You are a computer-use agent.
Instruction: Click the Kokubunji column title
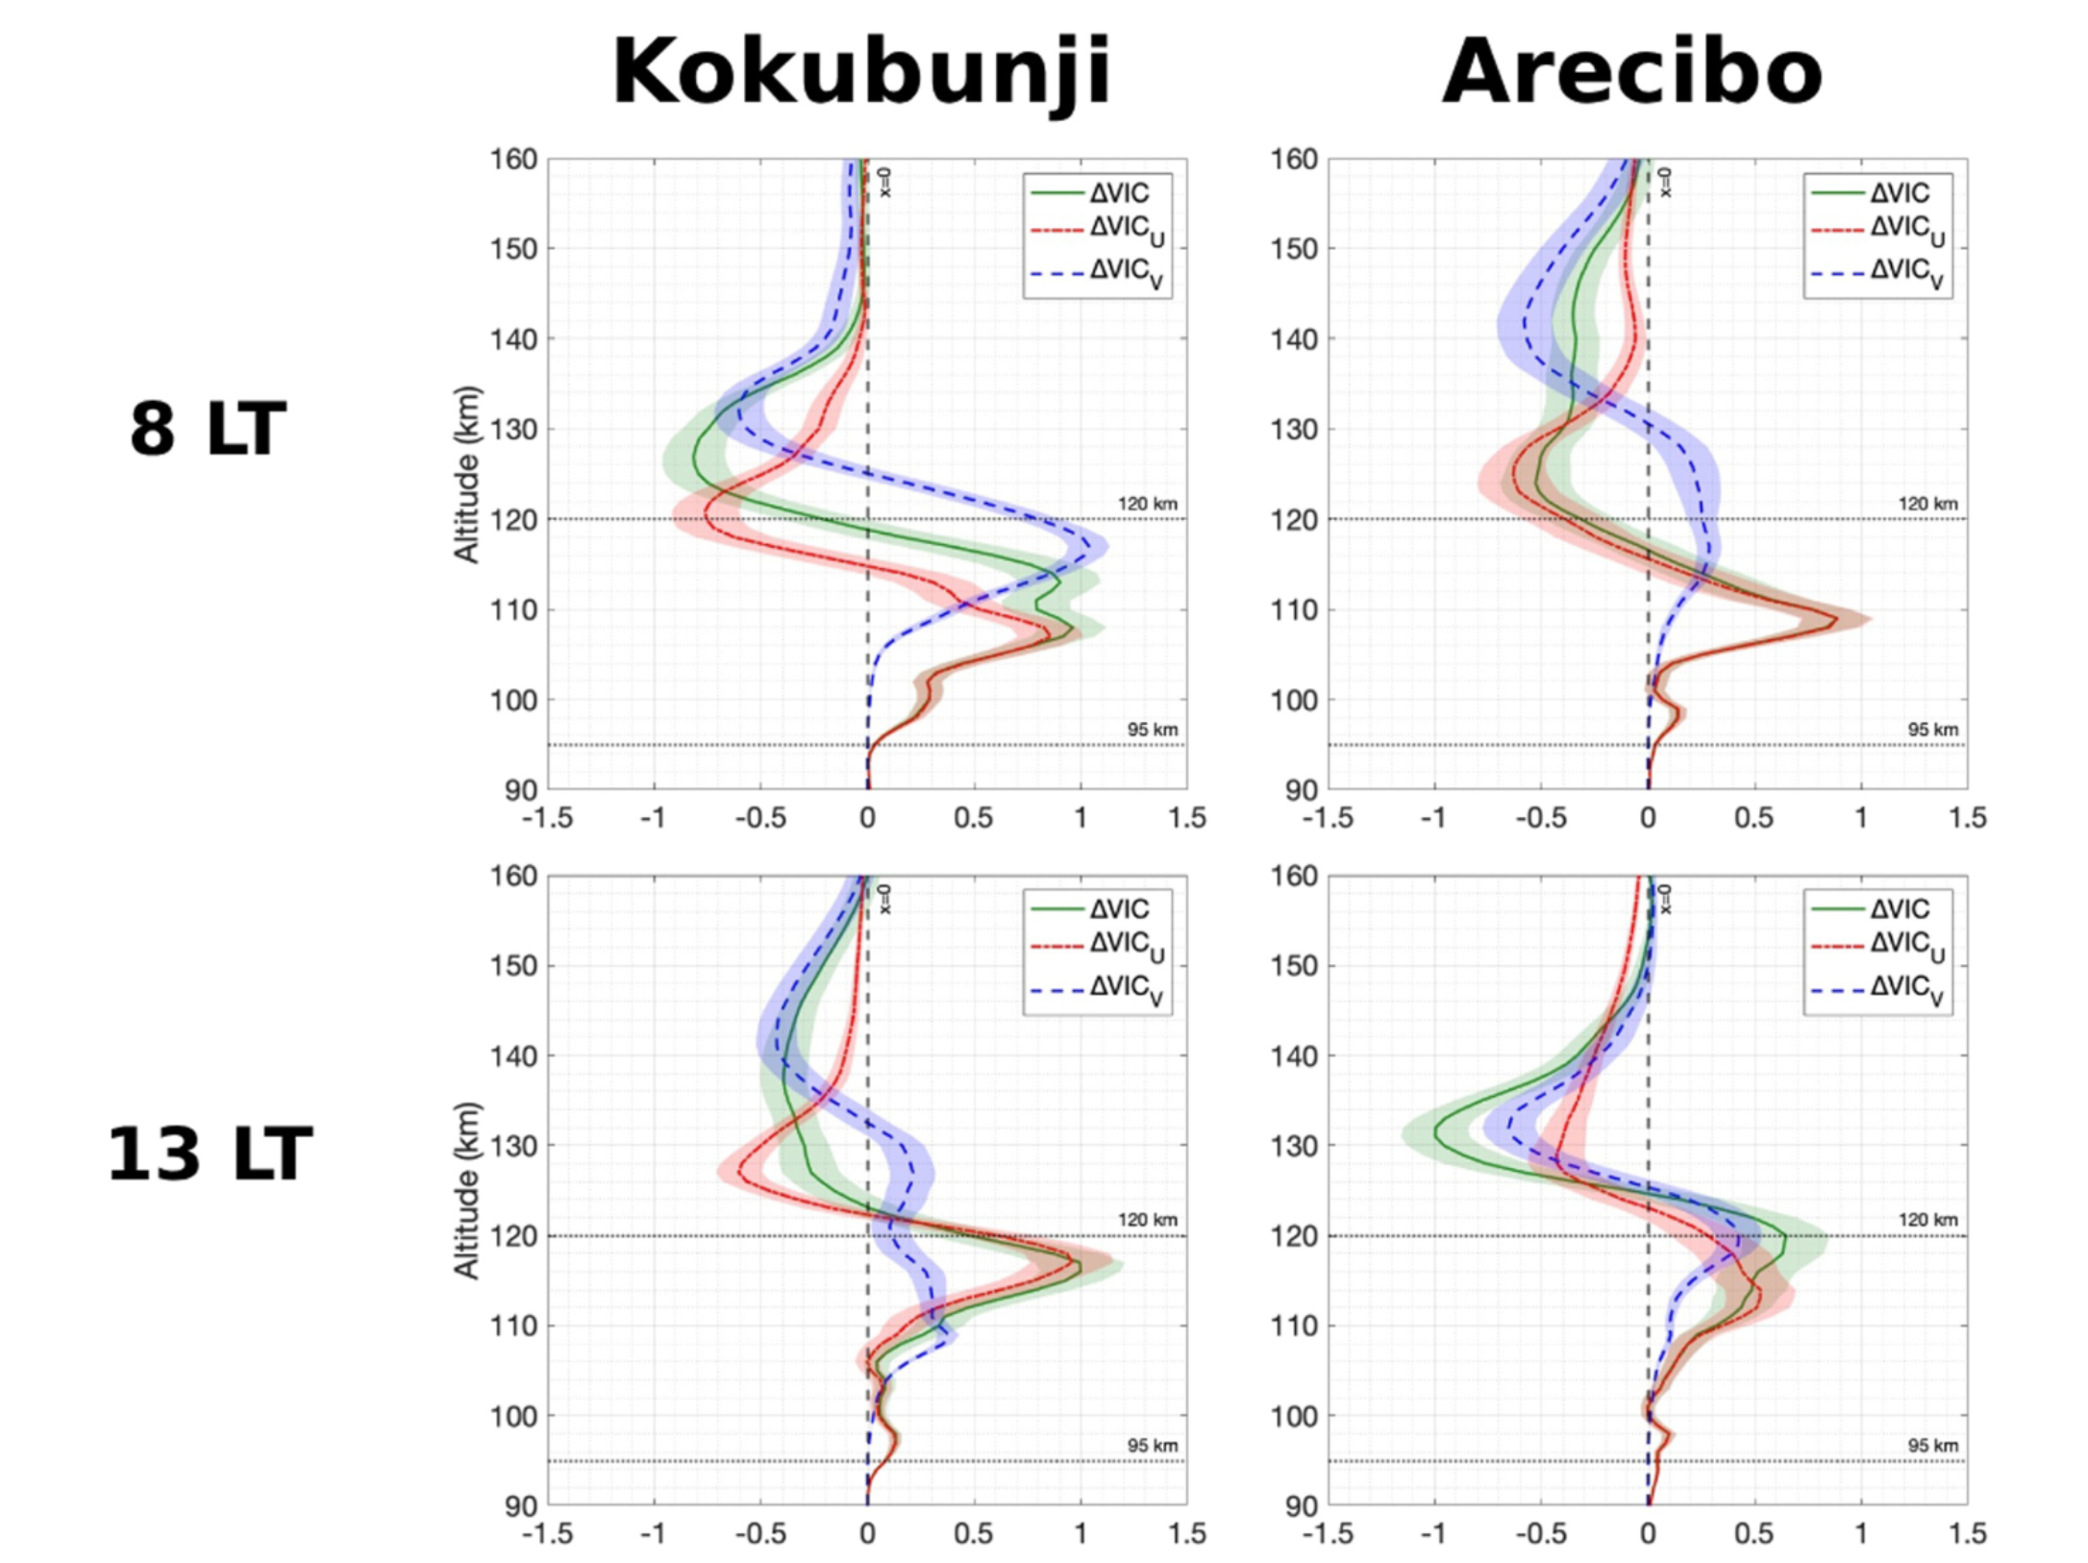point(861,73)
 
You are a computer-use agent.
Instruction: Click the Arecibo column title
point(1632,73)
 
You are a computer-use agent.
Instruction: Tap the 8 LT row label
point(209,429)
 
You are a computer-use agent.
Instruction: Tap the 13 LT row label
point(210,1154)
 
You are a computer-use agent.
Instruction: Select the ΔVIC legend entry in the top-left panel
point(1118,193)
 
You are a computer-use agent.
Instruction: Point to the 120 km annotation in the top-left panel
point(1147,504)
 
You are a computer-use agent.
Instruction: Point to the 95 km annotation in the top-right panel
point(1932,730)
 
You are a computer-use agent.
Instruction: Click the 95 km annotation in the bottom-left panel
point(1152,1446)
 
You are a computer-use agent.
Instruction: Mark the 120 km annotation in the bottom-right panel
point(1927,1220)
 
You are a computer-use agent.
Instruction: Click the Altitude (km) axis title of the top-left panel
point(467,475)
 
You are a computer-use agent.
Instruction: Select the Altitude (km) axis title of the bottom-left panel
point(467,1191)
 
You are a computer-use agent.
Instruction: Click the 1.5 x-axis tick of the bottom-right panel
point(1967,1532)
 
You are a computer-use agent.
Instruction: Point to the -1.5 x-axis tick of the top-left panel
point(547,818)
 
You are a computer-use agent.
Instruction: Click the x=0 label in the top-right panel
point(1666,182)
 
